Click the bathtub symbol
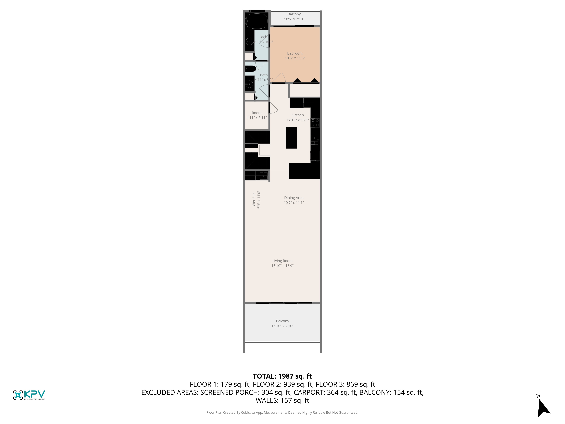click(x=257, y=21)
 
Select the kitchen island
click(x=291, y=138)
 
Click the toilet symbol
click(x=251, y=69)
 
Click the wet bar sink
click(x=264, y=176)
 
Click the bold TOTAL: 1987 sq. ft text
click(x=282, y=376)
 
